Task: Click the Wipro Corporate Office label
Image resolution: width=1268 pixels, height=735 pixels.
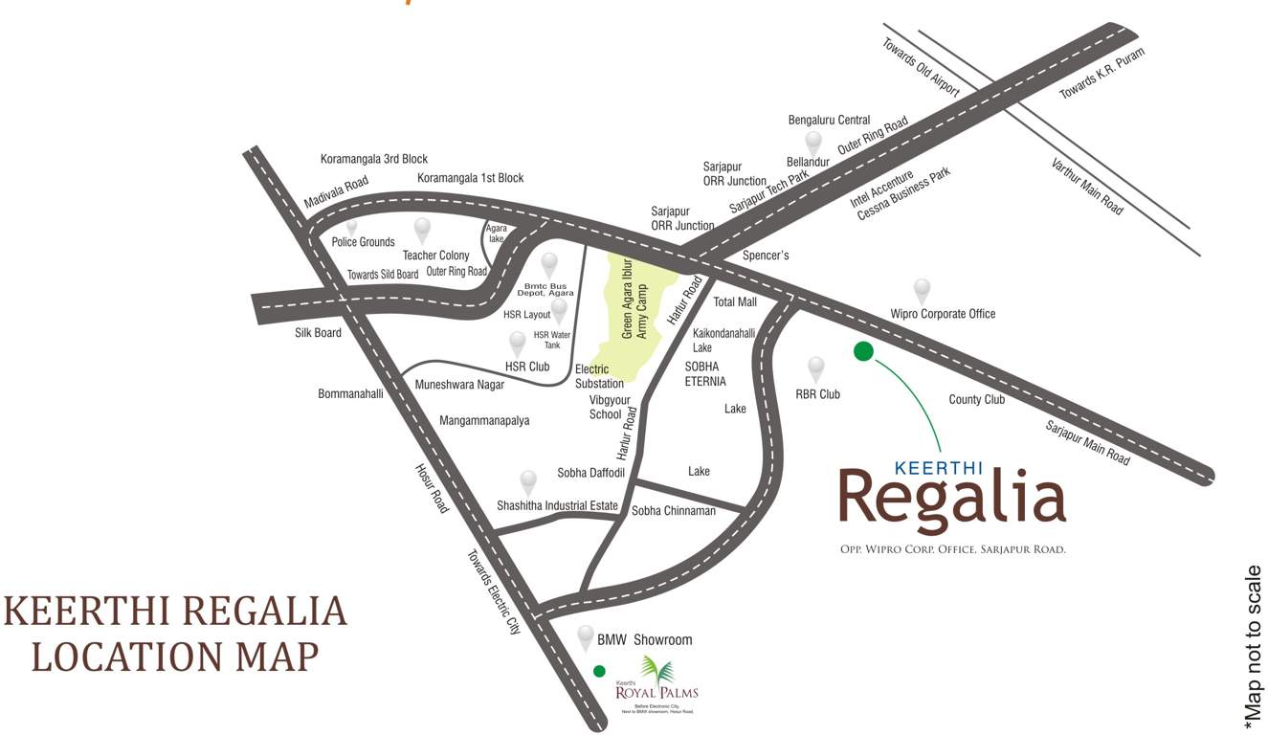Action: pyautogui.click(x=943, y=314)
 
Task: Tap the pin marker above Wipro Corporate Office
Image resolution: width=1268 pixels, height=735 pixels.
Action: pyautogui.click(x=922, y=290)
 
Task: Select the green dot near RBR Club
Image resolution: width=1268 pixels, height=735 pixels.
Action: pyautogui.click(x=863, y=351)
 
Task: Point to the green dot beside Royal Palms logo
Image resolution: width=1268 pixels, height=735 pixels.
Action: pyautogui.click(x=599, y=671)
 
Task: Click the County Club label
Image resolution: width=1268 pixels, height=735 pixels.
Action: pyautogui.click(x=976, y=399)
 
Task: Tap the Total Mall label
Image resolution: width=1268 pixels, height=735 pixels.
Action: pyautogui.click(x=735, y=302)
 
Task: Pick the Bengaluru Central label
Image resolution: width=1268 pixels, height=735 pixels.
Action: pyautogui.click(x=829, y=121)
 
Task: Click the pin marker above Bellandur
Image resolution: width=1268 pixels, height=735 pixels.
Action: pyautogui.click(x=812, y=143)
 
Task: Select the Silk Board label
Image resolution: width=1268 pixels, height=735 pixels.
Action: pyautogui.click(x=318, y=333)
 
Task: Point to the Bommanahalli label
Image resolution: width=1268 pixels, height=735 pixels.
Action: pyautogui.click(x=350, y=393)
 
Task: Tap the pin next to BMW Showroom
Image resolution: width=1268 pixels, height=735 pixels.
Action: pyautogui.click(x=586, y=635)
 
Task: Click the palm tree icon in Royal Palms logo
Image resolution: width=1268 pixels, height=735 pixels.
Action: pyautogui.click(x=657, y=671)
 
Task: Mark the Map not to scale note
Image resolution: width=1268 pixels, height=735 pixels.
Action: pyautogui.click(x=1254, y=643)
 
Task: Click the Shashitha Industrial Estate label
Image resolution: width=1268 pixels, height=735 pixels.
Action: pyautogui.click(x=557, y=505)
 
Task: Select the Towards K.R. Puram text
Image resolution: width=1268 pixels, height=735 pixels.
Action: pyautogui.click(x=1101, y=73)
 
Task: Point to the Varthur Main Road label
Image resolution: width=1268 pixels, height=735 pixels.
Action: pyautogui.click(x=1087, y=186)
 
